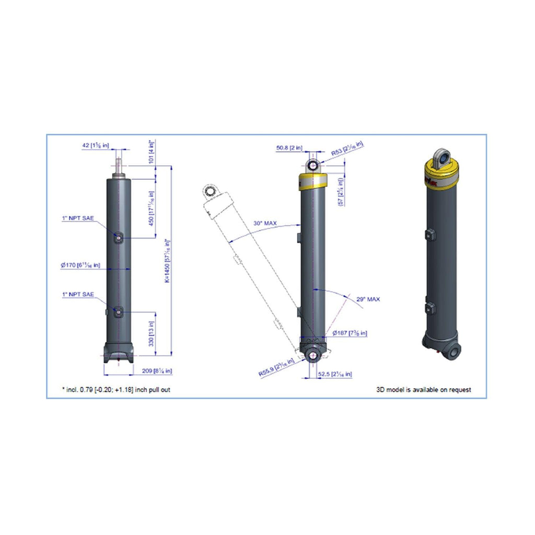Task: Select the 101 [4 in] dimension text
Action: tap(152, 152)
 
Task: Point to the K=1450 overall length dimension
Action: tap(168, 261)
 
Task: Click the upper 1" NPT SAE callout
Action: tap(78, 218)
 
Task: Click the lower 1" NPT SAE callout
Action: tap(78, 295)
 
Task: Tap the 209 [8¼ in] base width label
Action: tap(157, 371)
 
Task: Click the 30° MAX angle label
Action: tap(265, 223)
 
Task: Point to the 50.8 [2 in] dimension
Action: tap(289, 148)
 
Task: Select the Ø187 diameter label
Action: tap(350, 333)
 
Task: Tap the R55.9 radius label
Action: tap(276, 368)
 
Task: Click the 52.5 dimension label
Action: tap(335, 374)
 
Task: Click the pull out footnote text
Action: tap(115, 390)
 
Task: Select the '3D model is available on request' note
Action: tap(424, 390)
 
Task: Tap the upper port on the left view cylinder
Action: tap(119, 238)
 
